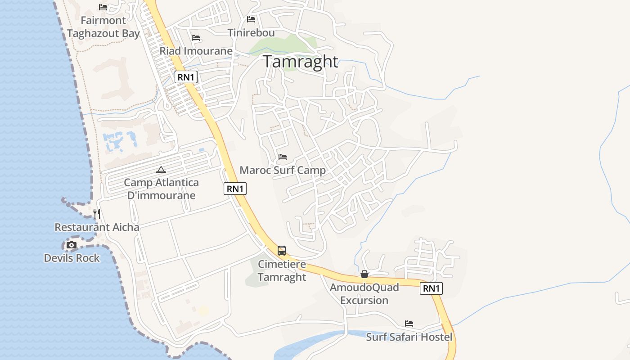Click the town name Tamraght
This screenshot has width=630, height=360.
301,61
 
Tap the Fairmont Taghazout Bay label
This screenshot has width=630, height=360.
103,27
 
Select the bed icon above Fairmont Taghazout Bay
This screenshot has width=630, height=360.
103,7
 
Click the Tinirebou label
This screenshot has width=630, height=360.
251,33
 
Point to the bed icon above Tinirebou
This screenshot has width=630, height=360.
251,19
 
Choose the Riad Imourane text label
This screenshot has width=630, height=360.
196,51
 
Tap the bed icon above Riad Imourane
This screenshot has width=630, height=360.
196,38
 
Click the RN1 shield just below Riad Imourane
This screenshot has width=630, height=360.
186,77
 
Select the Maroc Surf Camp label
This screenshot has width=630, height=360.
283,171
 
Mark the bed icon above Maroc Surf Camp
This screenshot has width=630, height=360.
283,157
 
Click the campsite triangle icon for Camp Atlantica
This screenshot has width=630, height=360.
161,170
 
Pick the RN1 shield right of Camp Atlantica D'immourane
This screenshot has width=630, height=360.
235,189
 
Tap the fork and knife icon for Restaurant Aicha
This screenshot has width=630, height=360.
97,213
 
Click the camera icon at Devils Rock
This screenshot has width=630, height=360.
72,245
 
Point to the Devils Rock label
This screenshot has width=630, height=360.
72,258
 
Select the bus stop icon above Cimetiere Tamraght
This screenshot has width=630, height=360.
282,251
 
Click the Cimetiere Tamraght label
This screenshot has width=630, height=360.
282,270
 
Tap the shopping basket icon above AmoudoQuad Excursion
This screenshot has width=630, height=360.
364,274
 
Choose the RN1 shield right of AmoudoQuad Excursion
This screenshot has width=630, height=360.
431,288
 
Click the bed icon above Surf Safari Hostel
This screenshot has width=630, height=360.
409,324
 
